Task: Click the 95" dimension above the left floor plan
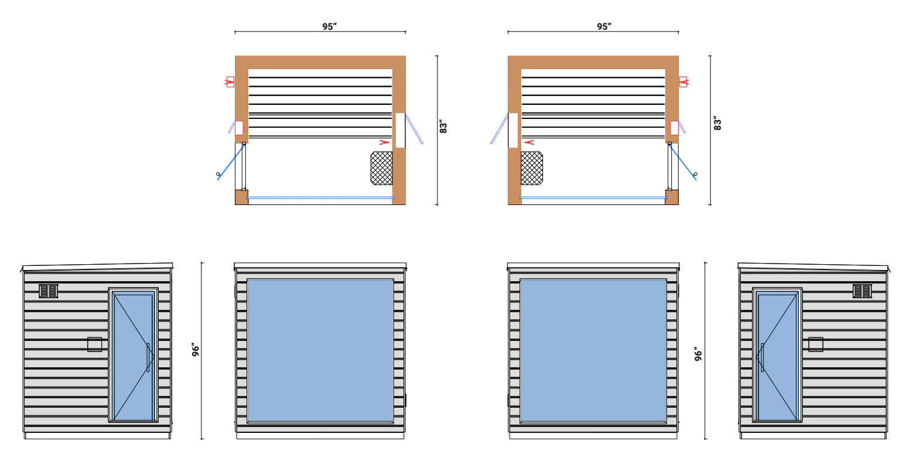pyautogui.click(x=329, y=26)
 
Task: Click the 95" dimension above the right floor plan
pyautogui.click(x=604, y=26)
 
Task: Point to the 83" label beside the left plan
pyautogui.click(x=443, y=127)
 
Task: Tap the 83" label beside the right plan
pyautogui.click(x=717, y=124)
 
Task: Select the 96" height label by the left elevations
pyautogui.click(x=196, y=350)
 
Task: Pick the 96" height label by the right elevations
pyautogui.click(x=698, y=354)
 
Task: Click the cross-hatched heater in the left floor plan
pyautogui.click(x=381, y=168)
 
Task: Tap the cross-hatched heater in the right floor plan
pyautogui.click(x=532, y=168)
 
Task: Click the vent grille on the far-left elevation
pyautogui.click(x=49, y=291)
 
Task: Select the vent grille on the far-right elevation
pyautogui.click(x=862, y=291)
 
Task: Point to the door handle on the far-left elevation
pyautogui.click(x=148, y=357)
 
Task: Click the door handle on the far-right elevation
pyautogui.click(x=762, y=357)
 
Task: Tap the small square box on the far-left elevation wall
pyautogui.click(x=94, y=344)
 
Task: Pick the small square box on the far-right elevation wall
pyautogui.click(x=816, y=344)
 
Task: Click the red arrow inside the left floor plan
pyautogui.click(x=384, y=142)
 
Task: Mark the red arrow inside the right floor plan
pyautogui.click(x=529, y=142)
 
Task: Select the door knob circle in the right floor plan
pyautogui.click(x=695, y=174)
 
